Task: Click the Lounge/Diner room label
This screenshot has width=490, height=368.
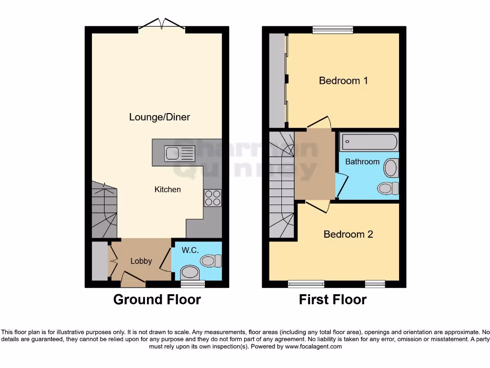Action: coord(159,117)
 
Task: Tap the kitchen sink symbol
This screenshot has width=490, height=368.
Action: coord(179,153)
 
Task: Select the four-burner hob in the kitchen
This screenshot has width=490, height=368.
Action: coord(213,198)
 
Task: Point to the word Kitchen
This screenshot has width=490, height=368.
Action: coord(167,190)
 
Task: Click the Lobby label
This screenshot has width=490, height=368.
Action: coord(141,261)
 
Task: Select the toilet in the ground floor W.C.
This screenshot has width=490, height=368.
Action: coord(211,261)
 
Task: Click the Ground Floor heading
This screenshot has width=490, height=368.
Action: coord(157,300)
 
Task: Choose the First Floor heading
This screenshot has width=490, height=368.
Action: coord(333,300)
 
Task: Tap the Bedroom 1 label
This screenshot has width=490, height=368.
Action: coord(343,80)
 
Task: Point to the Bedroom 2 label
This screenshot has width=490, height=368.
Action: coord(348,234)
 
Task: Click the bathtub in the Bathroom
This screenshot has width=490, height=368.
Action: coord(368,142)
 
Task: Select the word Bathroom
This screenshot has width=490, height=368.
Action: coord(362,162)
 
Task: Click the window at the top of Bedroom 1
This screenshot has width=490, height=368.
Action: coord(333,30)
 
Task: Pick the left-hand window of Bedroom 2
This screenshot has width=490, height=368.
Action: coord(306,284)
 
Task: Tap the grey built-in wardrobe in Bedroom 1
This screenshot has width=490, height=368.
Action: coord(277,80)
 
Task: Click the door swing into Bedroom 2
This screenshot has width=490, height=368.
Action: coord(317,206)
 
